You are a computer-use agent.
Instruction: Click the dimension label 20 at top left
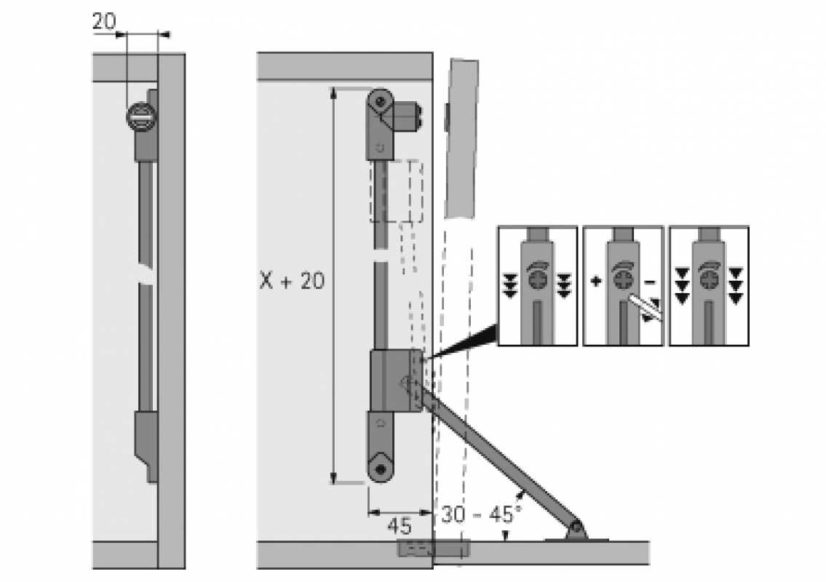tap(103, 21)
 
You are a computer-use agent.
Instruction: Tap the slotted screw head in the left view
tap(141, 116)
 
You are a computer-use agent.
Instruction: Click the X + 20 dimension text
tap(292, 281)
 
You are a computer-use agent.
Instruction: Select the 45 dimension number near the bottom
tap(399, 525)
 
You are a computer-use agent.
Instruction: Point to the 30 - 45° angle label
tap(481, 514)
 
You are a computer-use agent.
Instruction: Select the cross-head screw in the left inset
tap(536, 280)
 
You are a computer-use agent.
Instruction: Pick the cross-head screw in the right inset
tap(708, 280)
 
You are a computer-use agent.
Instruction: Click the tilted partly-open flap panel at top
tap(462, 138)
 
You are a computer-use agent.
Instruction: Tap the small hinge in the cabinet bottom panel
tap(415, 547)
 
